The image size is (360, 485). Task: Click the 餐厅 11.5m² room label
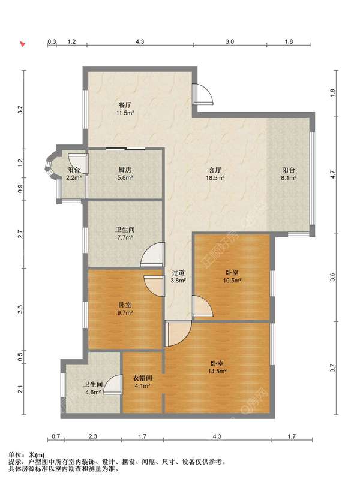point(125,109)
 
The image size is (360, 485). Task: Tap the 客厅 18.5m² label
point(215,174)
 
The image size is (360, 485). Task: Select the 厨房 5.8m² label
point(125,173)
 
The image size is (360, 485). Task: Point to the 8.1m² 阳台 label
point(289,174)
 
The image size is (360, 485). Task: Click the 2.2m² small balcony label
point(74,174)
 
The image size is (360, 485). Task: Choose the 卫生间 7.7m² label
point(125,234)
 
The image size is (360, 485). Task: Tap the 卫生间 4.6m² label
point(92,388)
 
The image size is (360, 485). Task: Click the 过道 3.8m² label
point(178,276)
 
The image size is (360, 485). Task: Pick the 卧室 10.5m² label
point(232,276)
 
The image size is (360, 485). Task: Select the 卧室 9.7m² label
point(125,309)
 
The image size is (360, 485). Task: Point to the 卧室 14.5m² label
point(217,367)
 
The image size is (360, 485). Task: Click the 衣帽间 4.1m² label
point(142,382)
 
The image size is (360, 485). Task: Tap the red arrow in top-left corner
point(22,44)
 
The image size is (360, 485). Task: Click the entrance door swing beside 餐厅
point(203,94)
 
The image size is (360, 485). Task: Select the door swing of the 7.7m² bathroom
point(152,255)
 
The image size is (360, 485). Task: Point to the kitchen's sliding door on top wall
point(125,149)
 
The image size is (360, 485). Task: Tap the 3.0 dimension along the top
point(230,41)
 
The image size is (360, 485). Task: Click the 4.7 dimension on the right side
point(332,175)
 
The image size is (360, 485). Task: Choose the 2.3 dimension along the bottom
point(93,436)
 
